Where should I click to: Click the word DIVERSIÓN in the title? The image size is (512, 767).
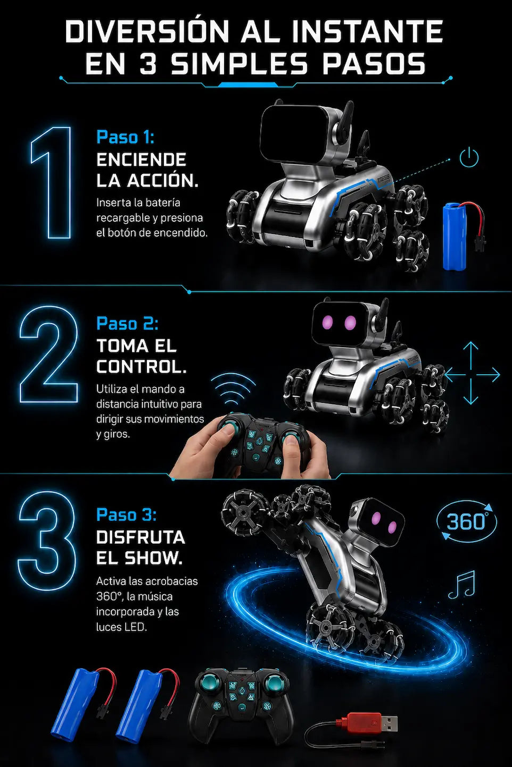tap(147, 31)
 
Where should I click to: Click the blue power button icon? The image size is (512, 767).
tap(469, 157)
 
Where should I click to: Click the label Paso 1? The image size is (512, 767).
tap(125, 137)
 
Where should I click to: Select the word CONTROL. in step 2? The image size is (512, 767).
tap(141, 367)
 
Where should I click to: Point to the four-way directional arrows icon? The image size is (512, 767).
tap(471, 374)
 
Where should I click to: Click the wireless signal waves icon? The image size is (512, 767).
tap(233, 390)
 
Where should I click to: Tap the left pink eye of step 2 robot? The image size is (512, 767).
tap(328, 322)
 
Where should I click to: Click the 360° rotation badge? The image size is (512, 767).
tap(466, 521)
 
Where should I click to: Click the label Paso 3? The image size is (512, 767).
tap(126, 515)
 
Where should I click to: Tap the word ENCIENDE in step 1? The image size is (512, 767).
tap(141, 159)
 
